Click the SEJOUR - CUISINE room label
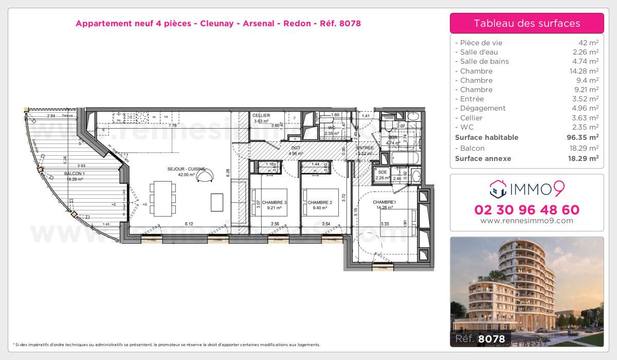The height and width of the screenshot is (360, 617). pyautogui.click(x=186, y=169)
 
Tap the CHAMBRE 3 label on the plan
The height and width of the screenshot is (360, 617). pyautogui.click(x=274, y=203)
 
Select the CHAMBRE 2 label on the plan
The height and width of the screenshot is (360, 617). pyautogui.click(x=320, y=203)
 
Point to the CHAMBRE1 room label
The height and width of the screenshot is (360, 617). pyautogui.click(x=384, y=202)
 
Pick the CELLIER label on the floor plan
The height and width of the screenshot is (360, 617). pyautogui.click(x=261, y=115)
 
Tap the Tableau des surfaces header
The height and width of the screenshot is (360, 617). pyautogui.click(x=527, y=24)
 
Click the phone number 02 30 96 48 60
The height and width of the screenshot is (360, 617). pyautogui.click(x=527, y=210)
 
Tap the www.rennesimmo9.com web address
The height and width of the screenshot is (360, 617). pyautogui.click(x=527, y=221)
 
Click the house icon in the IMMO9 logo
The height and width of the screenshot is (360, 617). pyautogui.click(x=497, y=189)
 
